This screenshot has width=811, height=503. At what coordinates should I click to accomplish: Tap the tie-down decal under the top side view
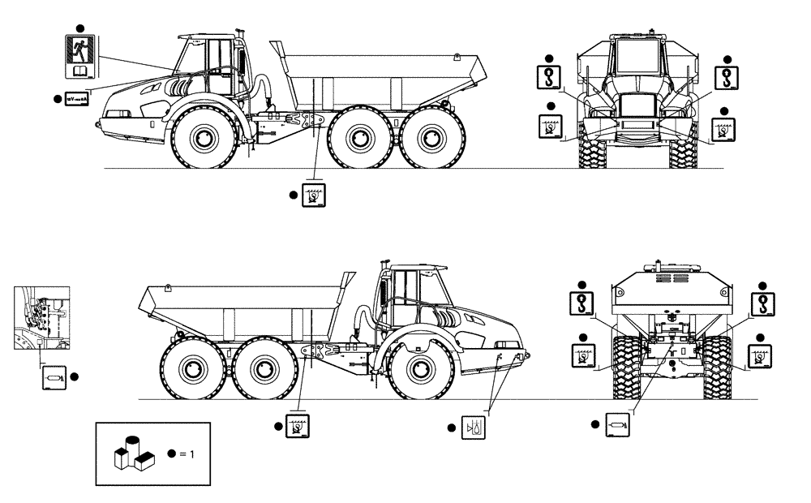click(312, 196)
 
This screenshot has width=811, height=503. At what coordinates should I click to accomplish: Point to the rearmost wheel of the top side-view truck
click(431, 139)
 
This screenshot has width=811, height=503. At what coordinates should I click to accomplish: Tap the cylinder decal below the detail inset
click(53, 377)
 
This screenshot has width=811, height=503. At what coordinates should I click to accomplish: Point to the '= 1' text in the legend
click(187, 454)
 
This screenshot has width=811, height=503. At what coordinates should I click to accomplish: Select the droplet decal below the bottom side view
click(471, 427)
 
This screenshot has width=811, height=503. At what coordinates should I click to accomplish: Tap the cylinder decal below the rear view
click(616, 423)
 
